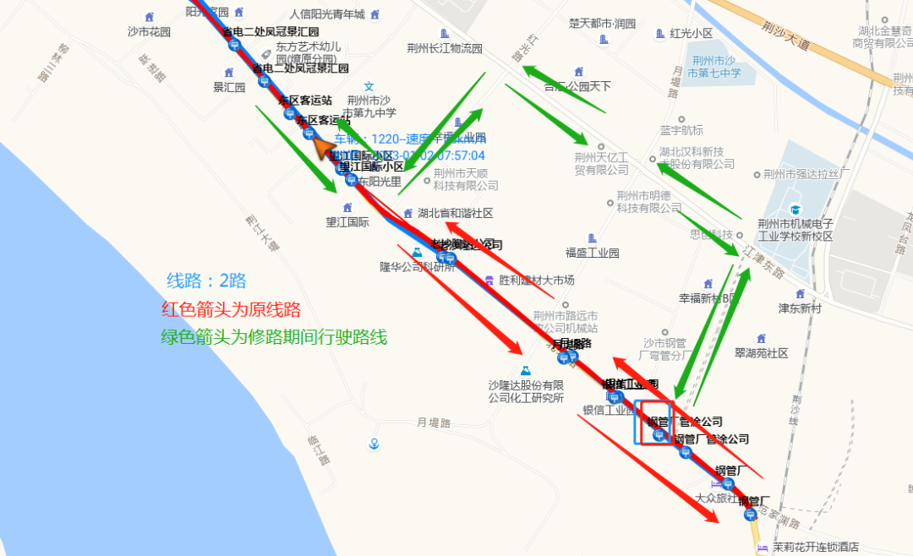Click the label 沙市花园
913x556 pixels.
click(x=149, y=31)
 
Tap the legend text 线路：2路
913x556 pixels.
click(x=206, y=281)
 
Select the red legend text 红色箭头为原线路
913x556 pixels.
click(x=231, y=309)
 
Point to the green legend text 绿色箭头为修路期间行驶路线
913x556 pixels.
click(x=274, y=337)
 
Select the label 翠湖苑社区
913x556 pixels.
click(x=761, y=353)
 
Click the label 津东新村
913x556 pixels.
click(x=800, y=308)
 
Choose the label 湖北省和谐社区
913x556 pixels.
click(x=454, y=213)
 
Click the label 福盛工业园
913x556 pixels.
click(x=592, y=253)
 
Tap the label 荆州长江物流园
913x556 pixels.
click(x=444, y=48)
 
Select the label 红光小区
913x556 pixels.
click(x=691, y=33)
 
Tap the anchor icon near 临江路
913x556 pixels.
click(x=373, y=444)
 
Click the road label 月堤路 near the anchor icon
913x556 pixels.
click(x=434, y=422)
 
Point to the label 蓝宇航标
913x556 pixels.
click(x=681, y=130)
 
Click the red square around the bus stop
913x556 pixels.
click(x=659, y=423)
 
